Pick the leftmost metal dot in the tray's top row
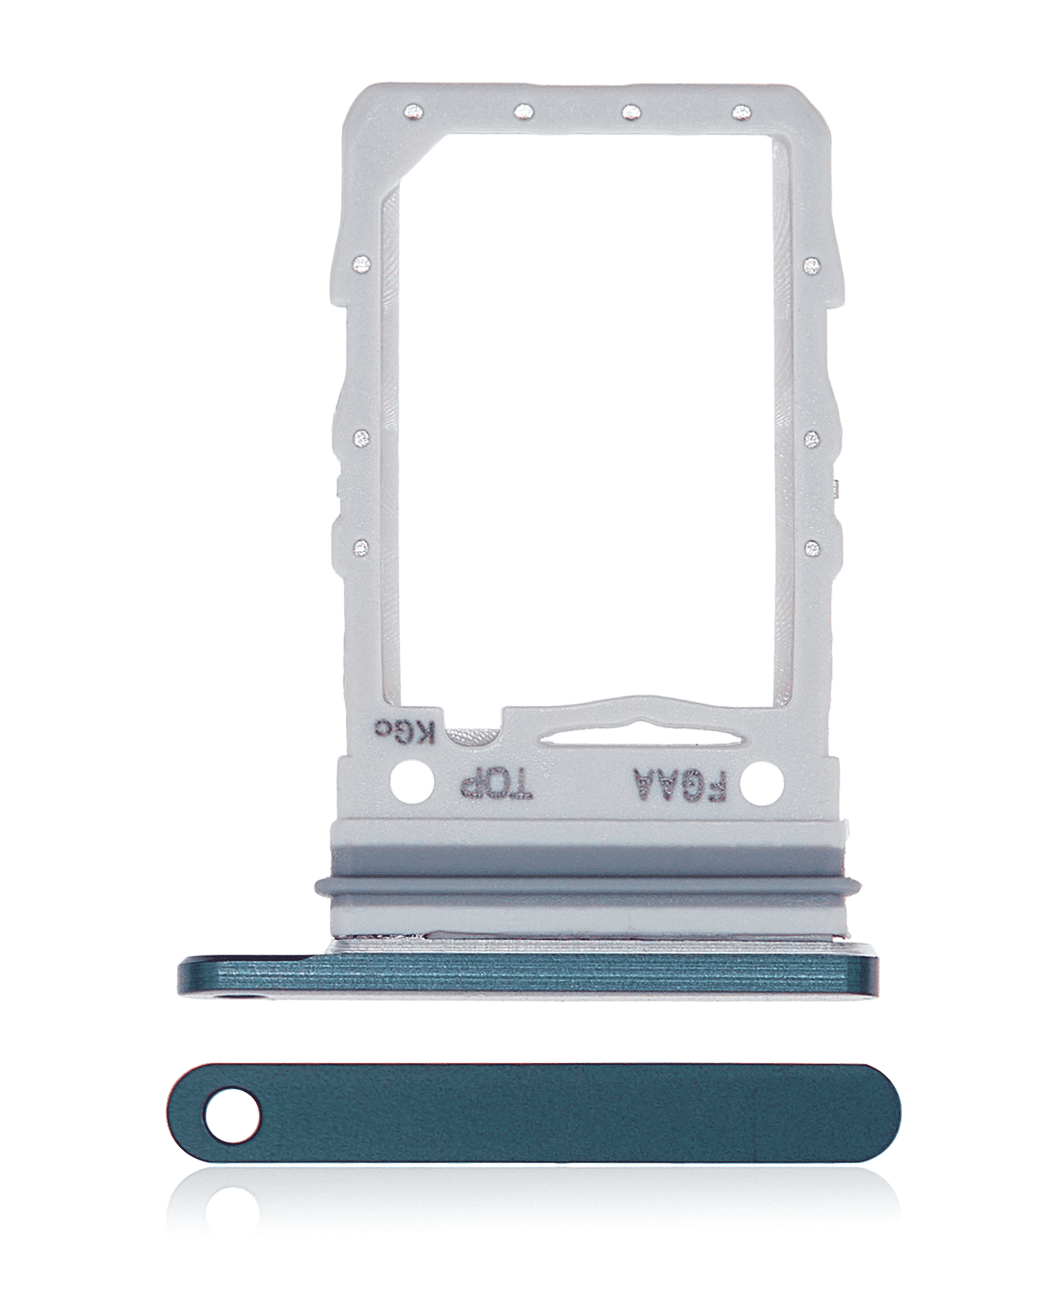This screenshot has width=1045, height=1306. pyautogui.click(x=415, y=111)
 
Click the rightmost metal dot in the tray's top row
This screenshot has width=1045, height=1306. pyautogui.click(x=738, y=111)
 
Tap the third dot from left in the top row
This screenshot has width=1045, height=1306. pyautogui.click(x=630, y=111)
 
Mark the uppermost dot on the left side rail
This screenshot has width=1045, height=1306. pyautogui.click(x=363, y=263)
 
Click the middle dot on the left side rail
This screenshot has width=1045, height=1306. pyautogui.click(x=362, y=436)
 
